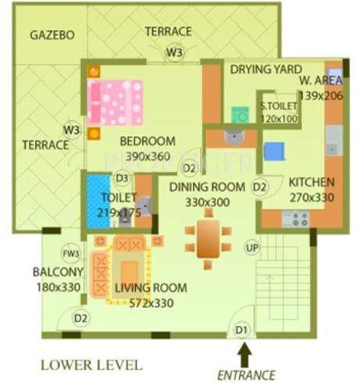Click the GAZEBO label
(52, 36)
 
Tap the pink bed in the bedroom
(116, 101)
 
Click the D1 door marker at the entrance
(242, 330)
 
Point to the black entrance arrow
(243, 356)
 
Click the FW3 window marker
(71, 253)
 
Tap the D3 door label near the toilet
(123, 179)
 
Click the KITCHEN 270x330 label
(312, 190)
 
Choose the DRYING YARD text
(266, 70)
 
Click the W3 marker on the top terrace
(174, 52)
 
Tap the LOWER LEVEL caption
(91, 364)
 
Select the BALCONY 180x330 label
(58, 279)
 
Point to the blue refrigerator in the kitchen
(274, 150)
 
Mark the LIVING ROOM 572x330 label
(151, 295)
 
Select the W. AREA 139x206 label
(321, 87)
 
